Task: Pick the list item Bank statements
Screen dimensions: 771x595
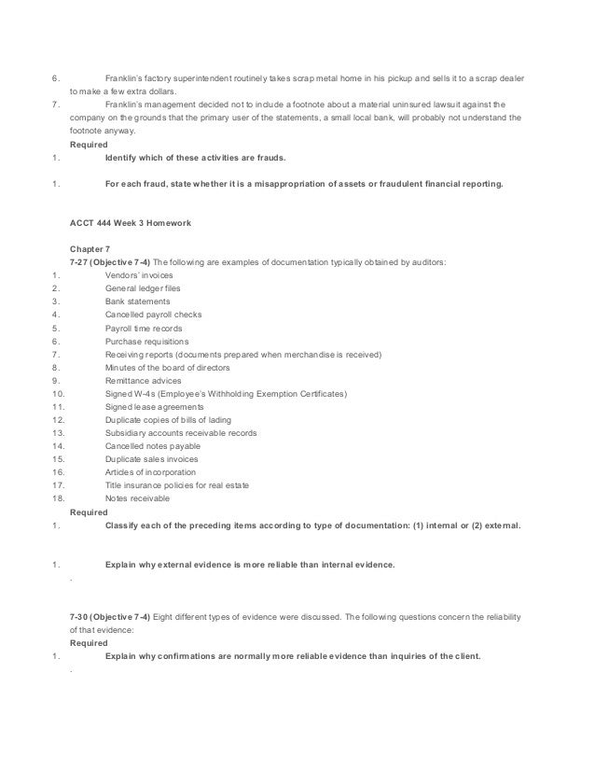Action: pos(138,301)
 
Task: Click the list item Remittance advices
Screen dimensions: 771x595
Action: pos(144,381)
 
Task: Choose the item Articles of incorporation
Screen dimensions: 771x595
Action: pos(149,472)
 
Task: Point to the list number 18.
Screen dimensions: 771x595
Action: pos(58,498)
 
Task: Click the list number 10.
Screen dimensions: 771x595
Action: pos(58,394)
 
